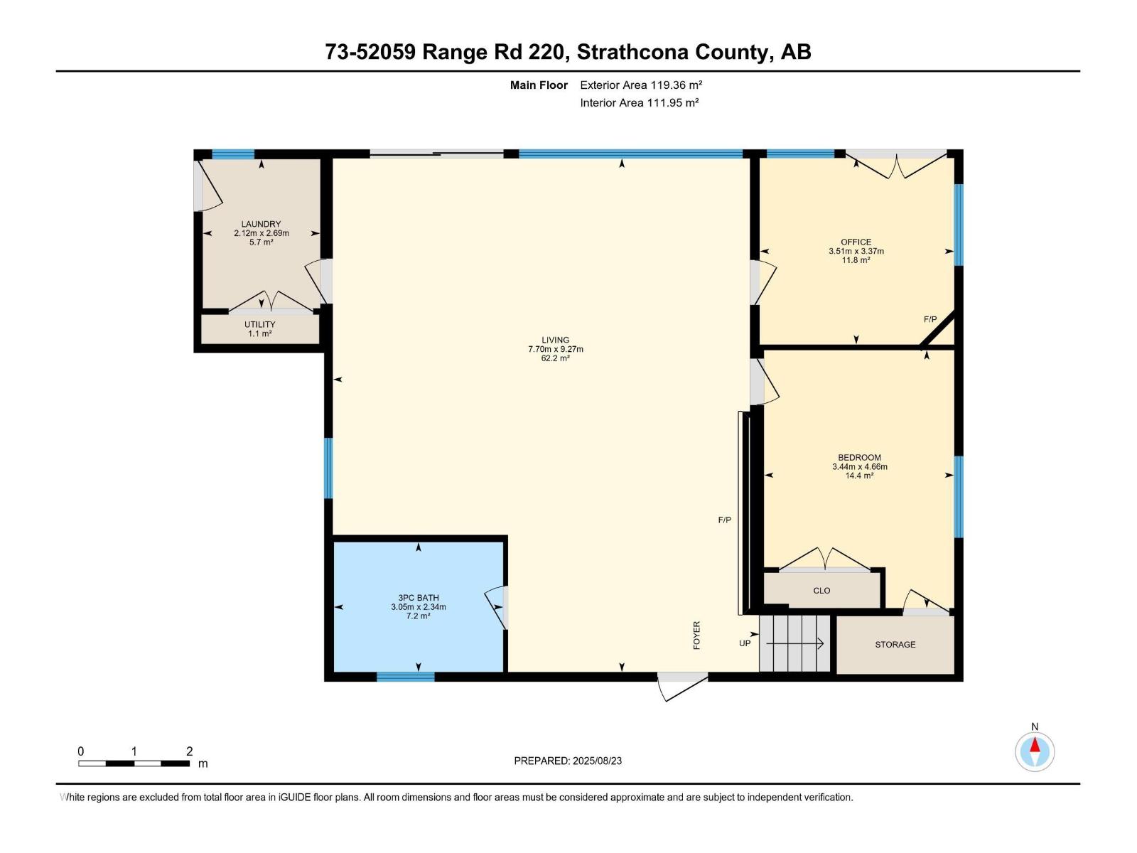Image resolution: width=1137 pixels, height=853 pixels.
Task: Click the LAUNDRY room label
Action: pyautogui.click(x=261, y=224)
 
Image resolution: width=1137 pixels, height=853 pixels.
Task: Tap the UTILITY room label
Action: pyautogui.click(x=259, y=325)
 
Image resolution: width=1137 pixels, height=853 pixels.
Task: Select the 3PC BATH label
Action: pyautogui.click(x=418, y=598)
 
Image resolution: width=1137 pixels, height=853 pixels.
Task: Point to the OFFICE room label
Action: pyautogui.click(x=856, y=242)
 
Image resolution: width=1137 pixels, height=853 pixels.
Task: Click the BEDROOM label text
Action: pyautogui.click(x=859, y=457)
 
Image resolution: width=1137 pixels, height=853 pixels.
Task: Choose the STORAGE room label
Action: pyautogui.click(x=895, y=644)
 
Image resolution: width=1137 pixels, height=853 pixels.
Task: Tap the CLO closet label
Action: pyautogui.click(x=821, y=591)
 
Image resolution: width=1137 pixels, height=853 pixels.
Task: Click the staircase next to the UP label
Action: pyautogui.click(x=794, y=643)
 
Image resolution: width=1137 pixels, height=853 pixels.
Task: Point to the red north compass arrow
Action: pyautogui.click(x=1035, y=744)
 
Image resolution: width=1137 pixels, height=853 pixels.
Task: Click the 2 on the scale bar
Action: pyautogui.click(x=190, y=751)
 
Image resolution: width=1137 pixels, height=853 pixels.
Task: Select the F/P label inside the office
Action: pyautogui.click(x=930, y=319)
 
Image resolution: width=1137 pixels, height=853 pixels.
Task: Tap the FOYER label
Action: pyautogui.click(x=696, y=635)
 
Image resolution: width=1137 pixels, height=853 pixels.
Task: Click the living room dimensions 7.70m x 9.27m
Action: pyautogui.click(x=555, y=349)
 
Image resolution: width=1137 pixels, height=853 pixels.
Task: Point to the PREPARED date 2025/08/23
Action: pyautogui.click(x=597, y=761)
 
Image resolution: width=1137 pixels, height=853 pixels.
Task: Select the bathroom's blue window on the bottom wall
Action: pyautogui.click(x=405, y=677)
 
